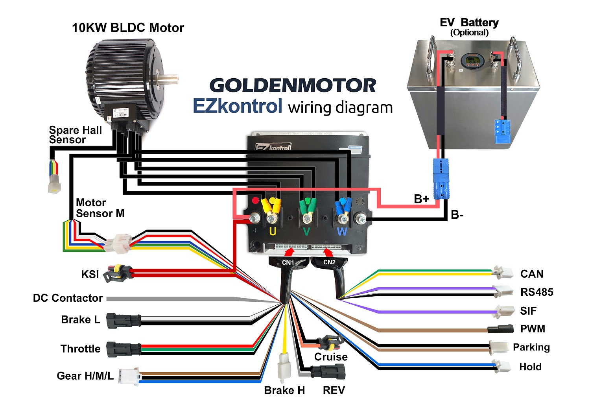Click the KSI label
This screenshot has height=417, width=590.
pos(90,274)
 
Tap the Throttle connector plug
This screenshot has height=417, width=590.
pos(123,349)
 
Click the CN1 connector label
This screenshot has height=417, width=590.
pos(288,262)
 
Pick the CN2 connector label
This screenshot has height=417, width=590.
pos(329,262)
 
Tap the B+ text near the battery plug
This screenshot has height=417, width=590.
pos(421,199)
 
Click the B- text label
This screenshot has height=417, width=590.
pos(457,215)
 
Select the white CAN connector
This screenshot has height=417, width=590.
pos(503,272)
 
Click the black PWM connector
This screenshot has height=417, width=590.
pos(500,328)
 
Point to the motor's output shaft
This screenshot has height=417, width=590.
pos(168,77)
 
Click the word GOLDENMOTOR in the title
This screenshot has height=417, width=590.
pos(293,86)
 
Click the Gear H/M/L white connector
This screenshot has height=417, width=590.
pos(129,376)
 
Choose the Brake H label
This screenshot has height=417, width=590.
pos(284,390)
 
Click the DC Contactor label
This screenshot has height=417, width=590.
pos(68,298)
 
